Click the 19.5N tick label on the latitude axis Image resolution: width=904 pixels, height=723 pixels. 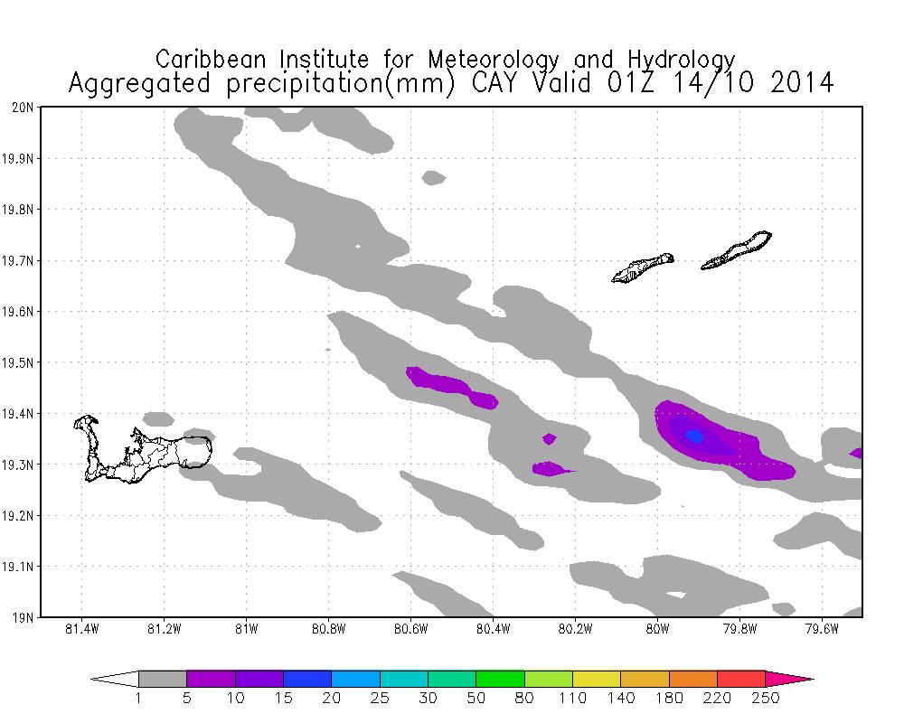point(21,363)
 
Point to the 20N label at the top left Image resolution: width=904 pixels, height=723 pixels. point(24,108)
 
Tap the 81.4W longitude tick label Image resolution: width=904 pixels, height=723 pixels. point(82,629)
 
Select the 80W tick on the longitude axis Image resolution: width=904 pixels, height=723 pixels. point(657,629)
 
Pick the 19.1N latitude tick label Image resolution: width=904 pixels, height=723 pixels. point(21,568)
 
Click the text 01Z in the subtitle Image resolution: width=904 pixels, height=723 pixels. point(628,83)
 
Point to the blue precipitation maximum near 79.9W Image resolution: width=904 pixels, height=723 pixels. point(694,436)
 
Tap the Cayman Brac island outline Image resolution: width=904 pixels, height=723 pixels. point(737,250)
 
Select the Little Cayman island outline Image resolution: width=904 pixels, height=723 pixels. point(643,268)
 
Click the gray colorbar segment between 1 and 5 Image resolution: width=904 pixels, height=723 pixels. point(163,679)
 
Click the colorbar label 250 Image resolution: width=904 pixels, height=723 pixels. point(766,698)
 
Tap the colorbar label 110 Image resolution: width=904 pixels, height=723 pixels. point(573,698)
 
